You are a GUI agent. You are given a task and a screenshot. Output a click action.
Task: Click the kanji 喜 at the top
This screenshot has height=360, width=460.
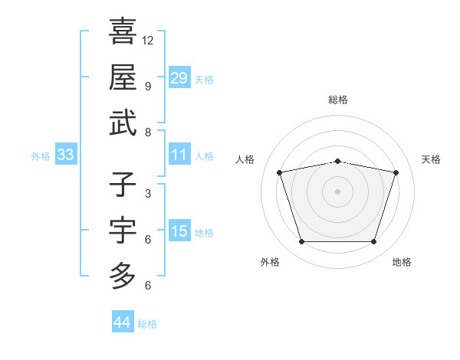click(x=123, y=31)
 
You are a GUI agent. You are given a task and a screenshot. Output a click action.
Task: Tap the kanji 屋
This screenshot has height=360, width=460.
click(x=123, y=77)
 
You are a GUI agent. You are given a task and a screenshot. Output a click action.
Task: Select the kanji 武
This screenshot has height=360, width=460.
click(x=123, y=123)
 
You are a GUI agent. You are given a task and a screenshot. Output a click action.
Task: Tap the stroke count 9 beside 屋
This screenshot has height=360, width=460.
click(x=148, y=87)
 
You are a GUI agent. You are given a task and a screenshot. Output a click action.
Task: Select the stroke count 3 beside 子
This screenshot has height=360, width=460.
click(x=148, y=194)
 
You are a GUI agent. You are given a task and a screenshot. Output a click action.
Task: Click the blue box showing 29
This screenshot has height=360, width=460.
click(x=179, y=78)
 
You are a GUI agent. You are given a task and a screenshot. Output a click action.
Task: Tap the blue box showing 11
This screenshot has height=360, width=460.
click(x=179, y=155)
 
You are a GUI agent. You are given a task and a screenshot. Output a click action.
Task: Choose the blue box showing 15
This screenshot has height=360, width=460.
click(x=179, y=232)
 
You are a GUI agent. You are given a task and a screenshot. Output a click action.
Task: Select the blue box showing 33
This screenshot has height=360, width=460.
click(x=65, y=155)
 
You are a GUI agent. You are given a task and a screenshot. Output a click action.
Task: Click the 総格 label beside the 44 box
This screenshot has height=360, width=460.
click(x=147, y=324)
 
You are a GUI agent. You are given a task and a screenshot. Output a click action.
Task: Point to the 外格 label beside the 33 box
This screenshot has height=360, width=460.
click(x=41, y=156)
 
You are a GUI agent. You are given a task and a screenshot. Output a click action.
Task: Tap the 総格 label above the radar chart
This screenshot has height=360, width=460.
click(x=338, y=100)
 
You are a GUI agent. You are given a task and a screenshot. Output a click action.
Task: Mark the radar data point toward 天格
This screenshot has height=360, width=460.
click(x=396, y=172)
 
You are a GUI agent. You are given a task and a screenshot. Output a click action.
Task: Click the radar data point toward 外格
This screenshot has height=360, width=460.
click(x=301, y=242)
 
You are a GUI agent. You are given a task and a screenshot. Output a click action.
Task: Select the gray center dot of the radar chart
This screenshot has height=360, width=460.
click(x=337, y=191)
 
